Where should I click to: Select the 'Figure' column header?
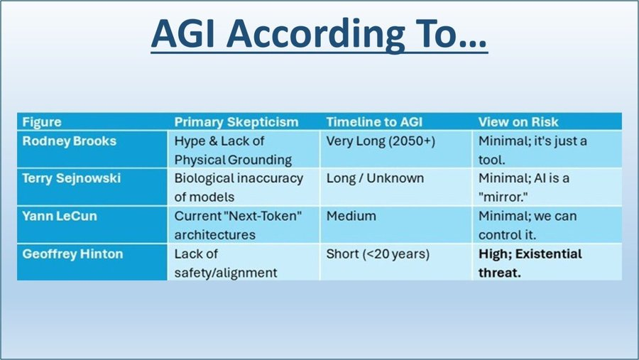click(42, 121)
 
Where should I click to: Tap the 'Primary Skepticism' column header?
click(236, 121)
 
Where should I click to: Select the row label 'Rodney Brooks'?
click(69, 141)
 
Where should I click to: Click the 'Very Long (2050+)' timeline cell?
click(381, 141)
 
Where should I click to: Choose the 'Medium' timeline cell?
click(351, 216)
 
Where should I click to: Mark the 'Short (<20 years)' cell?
click(378, 253)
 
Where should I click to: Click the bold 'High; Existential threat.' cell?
click(530, 263)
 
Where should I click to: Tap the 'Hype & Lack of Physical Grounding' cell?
click(233, 150)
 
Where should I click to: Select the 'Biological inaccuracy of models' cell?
click(239, 187)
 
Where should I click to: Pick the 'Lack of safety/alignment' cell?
click(226, 263)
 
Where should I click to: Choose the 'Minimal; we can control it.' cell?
click(527, 225)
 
